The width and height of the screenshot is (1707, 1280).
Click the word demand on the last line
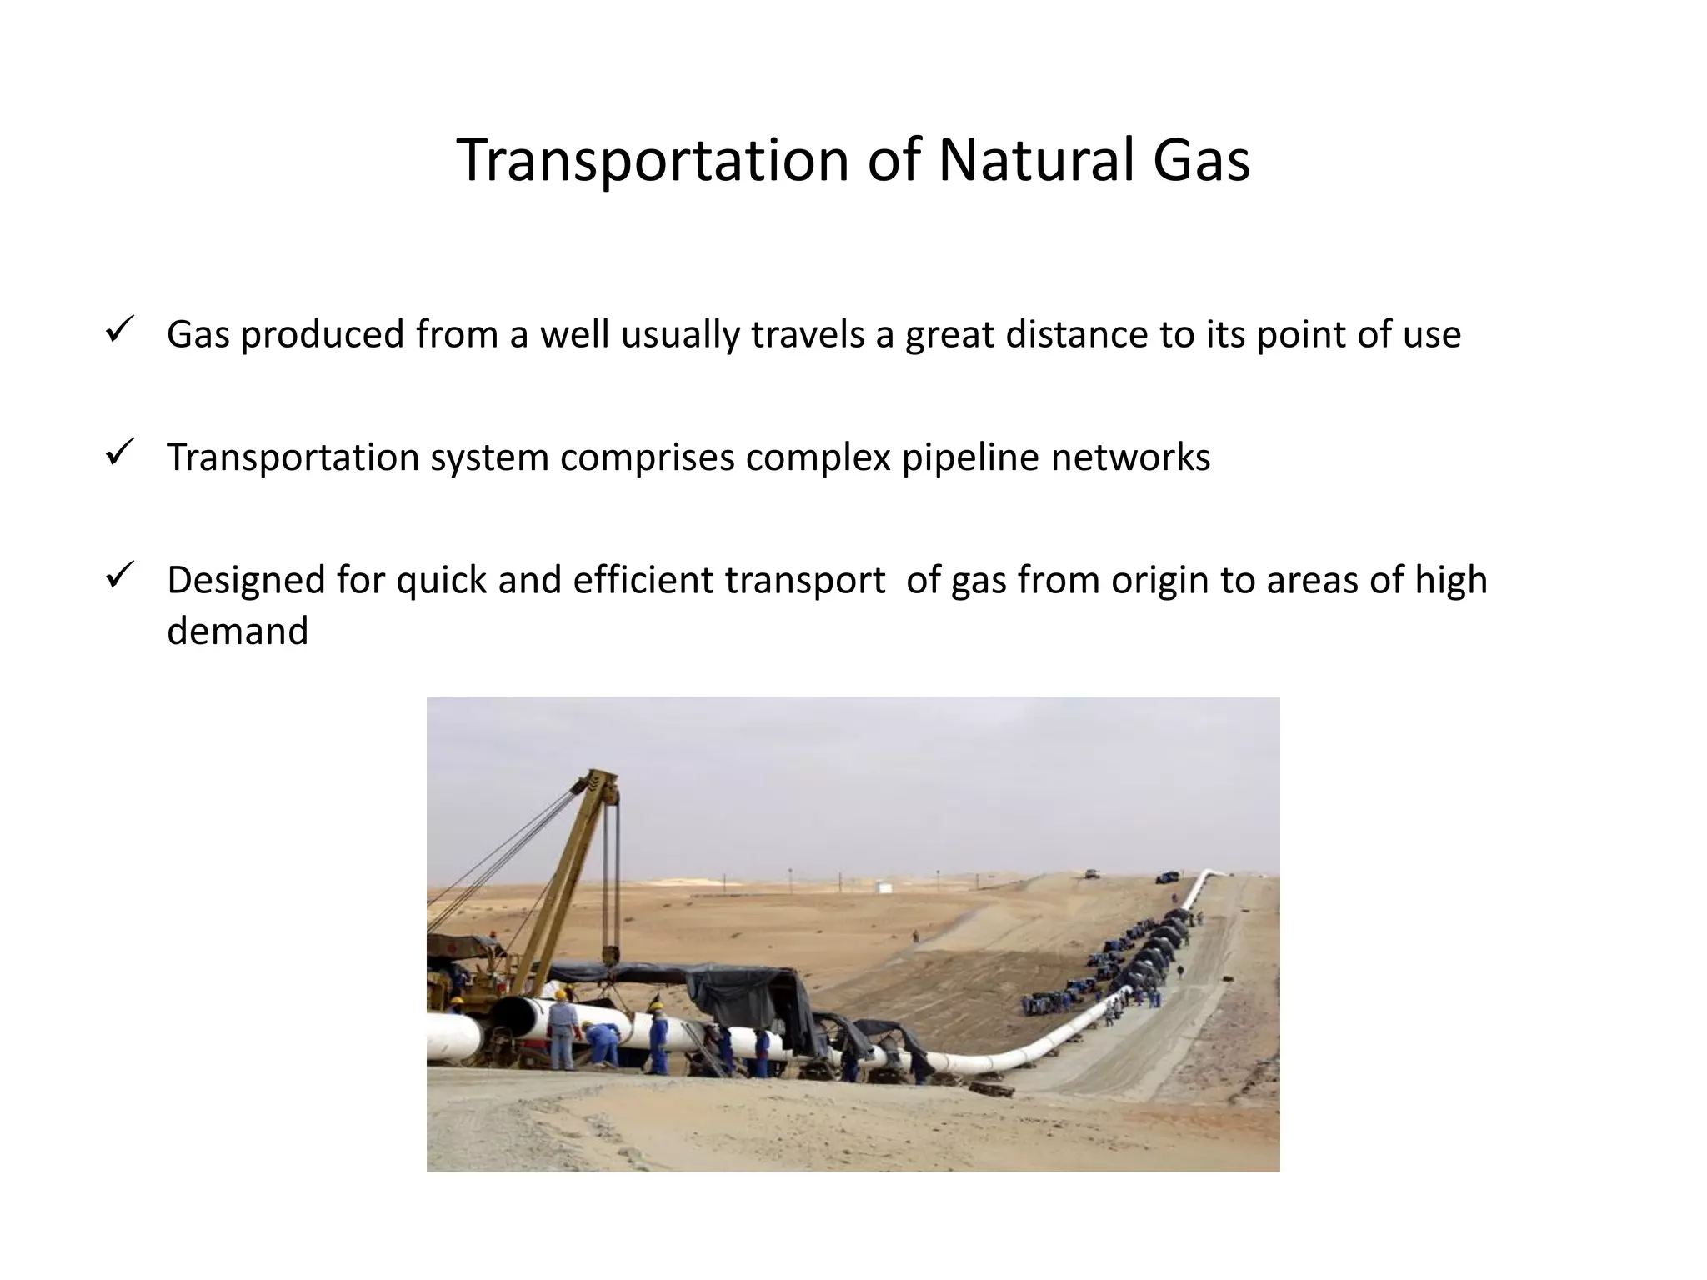coord(238,631)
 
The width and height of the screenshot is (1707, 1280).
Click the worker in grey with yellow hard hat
coord(563,1029)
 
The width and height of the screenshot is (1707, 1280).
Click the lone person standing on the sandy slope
coord(915,937)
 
